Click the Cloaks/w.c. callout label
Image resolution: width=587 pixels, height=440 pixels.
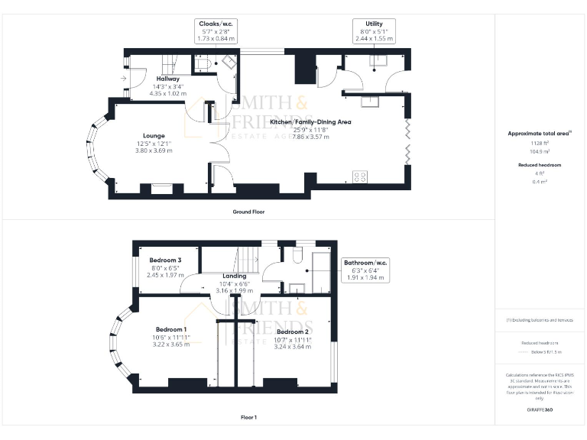216,24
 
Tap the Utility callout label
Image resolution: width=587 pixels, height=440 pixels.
374,24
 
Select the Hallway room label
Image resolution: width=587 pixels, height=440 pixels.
168,79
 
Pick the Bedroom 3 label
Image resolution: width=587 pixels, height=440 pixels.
165,260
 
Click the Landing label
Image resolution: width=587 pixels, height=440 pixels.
234,276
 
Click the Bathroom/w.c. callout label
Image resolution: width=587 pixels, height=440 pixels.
366,263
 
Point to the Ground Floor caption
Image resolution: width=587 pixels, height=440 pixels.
248,212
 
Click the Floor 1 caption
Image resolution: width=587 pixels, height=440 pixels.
248,418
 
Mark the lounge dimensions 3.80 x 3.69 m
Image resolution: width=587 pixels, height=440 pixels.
154,150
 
